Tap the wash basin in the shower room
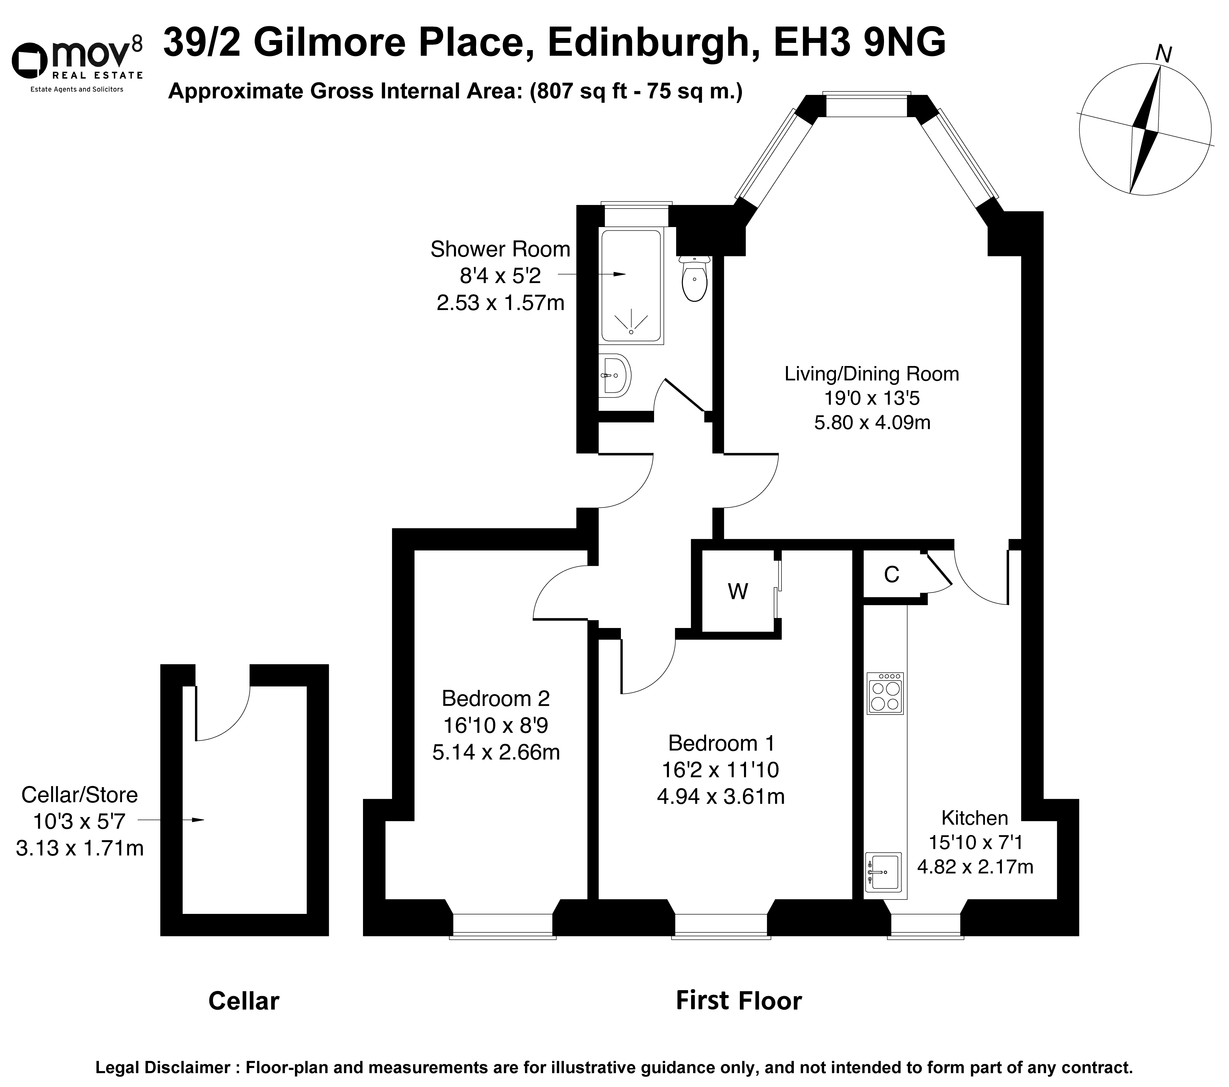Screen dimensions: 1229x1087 (x=614, y=376)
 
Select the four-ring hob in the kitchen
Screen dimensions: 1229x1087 (x=885, y=693)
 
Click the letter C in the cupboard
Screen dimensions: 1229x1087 (x=892, y=575)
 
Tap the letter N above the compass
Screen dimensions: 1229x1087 (x=1164, y=55)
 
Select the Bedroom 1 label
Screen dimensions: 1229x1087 (x=721, y=744)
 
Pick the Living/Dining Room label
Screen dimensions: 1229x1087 (x=872, y=374)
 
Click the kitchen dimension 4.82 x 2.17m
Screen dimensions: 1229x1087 (x=975, y=866)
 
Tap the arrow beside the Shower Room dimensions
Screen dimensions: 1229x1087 (x=592, y=275)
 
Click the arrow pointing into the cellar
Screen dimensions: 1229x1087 (x=171, y=820)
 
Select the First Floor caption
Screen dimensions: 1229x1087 (x=739, y=1001)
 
